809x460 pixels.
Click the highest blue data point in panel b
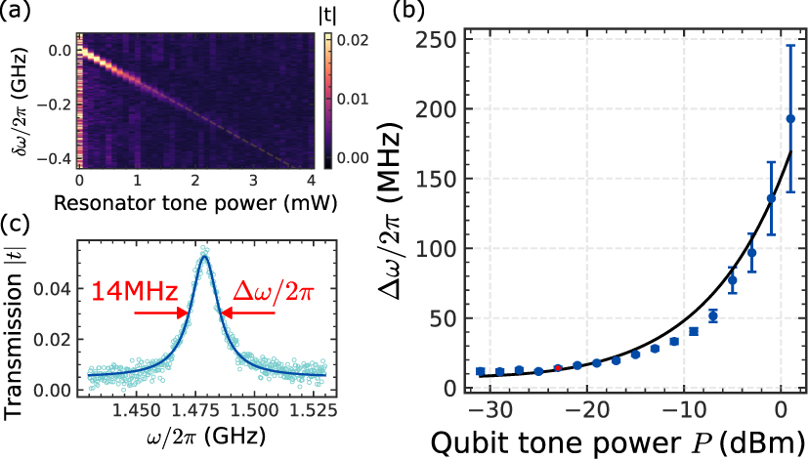pos(790,119)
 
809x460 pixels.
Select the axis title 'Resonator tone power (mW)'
pos(198,204)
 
